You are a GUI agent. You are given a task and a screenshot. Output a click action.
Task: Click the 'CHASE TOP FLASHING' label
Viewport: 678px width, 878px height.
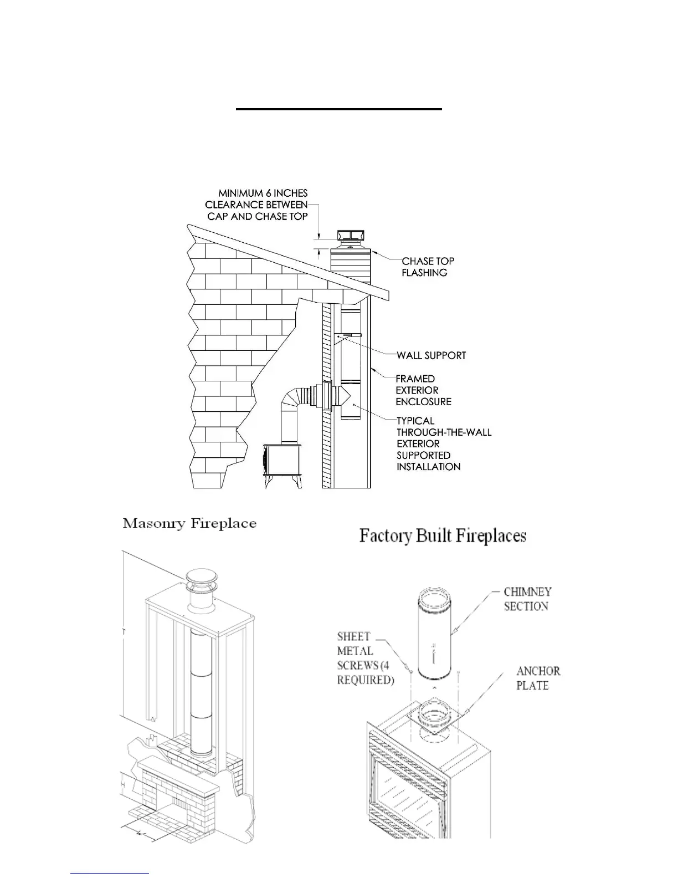pyautogui.click(x=428, y=267)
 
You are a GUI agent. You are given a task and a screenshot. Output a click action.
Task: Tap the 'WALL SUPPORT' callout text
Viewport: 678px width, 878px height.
pyautogui.click(x=431, y=355)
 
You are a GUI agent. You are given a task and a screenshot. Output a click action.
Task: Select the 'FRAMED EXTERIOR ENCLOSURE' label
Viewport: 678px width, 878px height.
pyautogui.click(x=423, y=390)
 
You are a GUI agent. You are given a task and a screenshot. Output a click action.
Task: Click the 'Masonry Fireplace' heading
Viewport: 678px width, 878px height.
pyautogui.click(x=189, y=523)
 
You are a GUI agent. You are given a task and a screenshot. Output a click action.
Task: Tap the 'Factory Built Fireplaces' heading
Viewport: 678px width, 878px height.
pyautogui.click(x=443, y=536)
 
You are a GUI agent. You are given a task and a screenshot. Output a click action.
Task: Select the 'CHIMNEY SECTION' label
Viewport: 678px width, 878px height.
pyautogui.click(x=527, y=599)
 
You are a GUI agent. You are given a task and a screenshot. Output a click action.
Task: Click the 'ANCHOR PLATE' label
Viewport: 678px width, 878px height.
pyautogui.click(x=538, y=678)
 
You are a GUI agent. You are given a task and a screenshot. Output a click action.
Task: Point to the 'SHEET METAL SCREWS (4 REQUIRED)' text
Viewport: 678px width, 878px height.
pyautogui.click(x=365, y=658)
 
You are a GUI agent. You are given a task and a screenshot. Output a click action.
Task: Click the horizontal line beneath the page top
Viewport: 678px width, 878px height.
pyautogui.click(x=338, y=109)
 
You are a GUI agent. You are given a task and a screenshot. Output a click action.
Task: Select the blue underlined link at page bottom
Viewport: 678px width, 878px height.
pyautogui.click(x=110, y=874)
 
